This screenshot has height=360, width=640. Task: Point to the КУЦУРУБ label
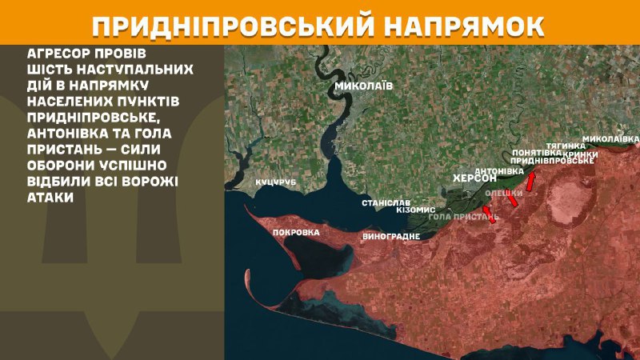[276, 182]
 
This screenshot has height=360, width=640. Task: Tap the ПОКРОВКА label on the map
[296, 232]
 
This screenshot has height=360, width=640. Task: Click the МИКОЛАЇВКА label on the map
[610, 138]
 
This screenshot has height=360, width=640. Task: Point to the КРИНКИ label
[581, 154]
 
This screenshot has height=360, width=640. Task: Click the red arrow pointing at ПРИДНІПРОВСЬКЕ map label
[530, 172]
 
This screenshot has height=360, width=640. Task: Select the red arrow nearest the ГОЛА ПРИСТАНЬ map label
[490, 213]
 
